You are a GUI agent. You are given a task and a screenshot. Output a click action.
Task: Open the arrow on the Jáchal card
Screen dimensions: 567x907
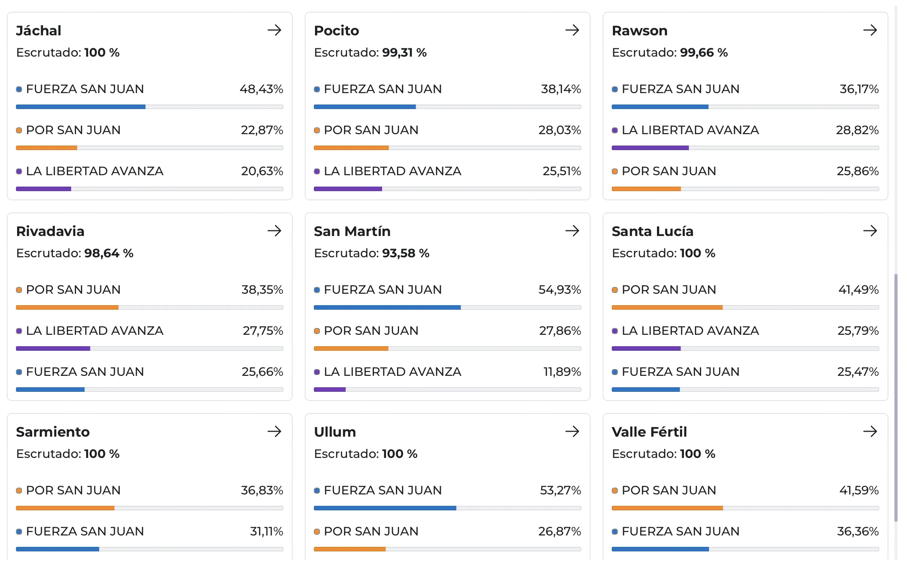click(x=274, y=30)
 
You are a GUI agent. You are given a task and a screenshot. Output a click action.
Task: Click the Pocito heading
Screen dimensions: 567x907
click(x=336, y=31)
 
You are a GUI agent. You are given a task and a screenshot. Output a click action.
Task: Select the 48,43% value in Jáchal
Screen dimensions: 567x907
click(x=261, y=89)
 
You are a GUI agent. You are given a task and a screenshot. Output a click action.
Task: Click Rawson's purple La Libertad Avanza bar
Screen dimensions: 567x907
click(x=650, y=148)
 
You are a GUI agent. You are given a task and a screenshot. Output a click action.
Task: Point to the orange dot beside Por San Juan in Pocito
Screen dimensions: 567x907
click(x=317, y=130)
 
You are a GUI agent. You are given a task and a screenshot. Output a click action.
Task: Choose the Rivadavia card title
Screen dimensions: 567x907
click(x=50, y=231)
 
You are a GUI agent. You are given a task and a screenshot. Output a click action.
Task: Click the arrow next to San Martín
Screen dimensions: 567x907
click(x=572, y=231)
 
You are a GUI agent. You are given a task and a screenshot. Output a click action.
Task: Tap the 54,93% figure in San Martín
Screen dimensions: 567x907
click(x=559, y=290)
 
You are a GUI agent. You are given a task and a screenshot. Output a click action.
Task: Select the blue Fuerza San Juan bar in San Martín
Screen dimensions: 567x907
click(x=387, y=307)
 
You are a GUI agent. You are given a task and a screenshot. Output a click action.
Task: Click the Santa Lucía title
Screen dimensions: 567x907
click(x=652, y=231)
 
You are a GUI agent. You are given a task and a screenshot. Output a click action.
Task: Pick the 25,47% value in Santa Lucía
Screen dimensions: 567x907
click(x=858, y=372)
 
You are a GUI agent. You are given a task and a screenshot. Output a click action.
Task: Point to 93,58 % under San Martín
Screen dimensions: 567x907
click(x=405, y=253)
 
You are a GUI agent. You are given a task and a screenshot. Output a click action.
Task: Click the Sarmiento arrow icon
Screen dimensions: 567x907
click(x=274, y=431)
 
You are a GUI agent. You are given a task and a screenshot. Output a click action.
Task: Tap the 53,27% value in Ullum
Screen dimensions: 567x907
click(x=560, y=491)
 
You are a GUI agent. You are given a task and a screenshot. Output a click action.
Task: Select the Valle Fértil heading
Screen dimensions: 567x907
click(x=649, y=432)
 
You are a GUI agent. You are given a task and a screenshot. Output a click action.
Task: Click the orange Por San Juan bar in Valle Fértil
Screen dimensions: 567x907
click(x=667, y=508)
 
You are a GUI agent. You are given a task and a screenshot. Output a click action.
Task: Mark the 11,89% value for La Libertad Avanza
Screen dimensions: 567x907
click(x=562, y=372)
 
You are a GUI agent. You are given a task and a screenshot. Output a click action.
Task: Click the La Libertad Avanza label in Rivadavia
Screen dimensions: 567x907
click(x=95, y=331)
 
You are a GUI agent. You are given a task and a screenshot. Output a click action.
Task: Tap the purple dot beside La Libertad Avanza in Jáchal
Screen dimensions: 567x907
click(x=19, y=171)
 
